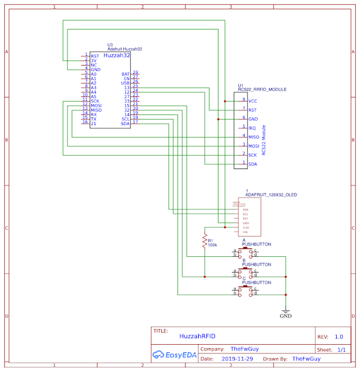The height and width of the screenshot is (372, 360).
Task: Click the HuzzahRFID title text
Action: (x=198, y=336)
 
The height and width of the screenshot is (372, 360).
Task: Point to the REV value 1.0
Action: (x=339, y=336)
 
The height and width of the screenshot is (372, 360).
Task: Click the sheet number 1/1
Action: (x=341, y=350)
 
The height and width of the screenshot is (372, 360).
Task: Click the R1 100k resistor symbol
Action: (x=204, y=241)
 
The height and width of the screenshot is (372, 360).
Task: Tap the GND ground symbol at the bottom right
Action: (x=286, y=313)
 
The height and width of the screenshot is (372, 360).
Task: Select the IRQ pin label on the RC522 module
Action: (x=252, y=128)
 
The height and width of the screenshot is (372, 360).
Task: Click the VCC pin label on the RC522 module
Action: (x=252, y=101)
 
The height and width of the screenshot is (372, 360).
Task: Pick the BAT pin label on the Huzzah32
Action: (x=125, y=74)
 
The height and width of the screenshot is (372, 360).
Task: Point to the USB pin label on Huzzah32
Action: (x=125, y=83)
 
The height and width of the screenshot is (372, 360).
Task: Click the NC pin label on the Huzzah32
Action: (x=94, y=65)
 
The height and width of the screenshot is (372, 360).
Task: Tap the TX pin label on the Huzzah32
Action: (x=93, y=119)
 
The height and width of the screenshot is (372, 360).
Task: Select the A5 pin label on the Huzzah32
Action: (x=94, y=96)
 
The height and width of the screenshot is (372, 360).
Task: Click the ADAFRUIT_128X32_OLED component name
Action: (x=272, y=195)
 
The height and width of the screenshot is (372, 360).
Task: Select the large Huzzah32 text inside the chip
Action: (x=116, y=55)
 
